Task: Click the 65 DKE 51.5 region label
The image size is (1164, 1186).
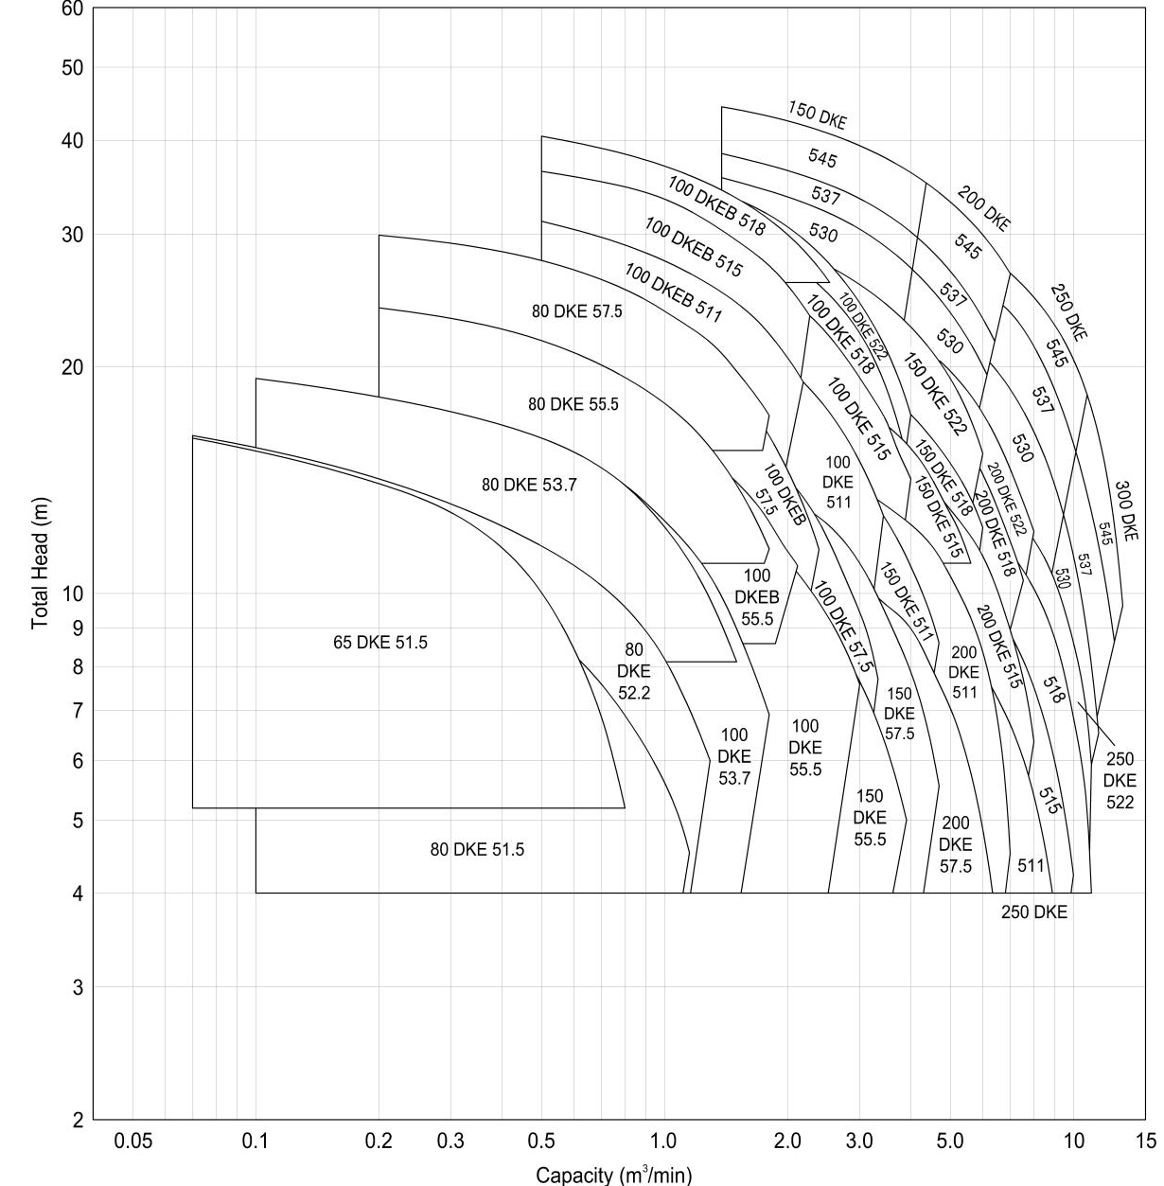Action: [380, 643]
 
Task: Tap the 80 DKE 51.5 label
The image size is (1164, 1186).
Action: [477, 850]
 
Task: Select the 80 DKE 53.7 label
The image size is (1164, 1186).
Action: [529, 486]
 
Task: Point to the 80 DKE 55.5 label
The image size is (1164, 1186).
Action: [573, 404]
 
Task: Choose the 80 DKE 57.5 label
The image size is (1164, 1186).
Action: [577, 310]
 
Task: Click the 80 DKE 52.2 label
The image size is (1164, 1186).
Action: [633, 671]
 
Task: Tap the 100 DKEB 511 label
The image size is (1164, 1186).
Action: [672, 292]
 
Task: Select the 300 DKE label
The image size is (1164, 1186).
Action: [1125, 511]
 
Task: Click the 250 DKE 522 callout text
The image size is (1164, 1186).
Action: [1120, 781]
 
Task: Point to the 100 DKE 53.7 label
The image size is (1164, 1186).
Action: [733, 756]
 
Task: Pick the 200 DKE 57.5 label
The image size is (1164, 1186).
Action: [955, 844]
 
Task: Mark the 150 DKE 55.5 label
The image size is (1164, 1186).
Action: [870, 818]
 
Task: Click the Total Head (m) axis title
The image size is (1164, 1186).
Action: [40, 564]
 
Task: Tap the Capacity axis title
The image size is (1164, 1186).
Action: [614, 1175]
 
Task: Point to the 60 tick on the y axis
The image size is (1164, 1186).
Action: [73, 9]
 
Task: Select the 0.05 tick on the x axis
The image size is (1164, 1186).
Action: [132, 1141]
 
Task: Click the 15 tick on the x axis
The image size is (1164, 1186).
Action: [1147, 1141]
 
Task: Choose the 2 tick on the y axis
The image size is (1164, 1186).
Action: [78, 1121]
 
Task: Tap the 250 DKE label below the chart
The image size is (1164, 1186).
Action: [1034, 912]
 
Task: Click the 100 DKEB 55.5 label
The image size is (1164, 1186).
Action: [757, 597]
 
